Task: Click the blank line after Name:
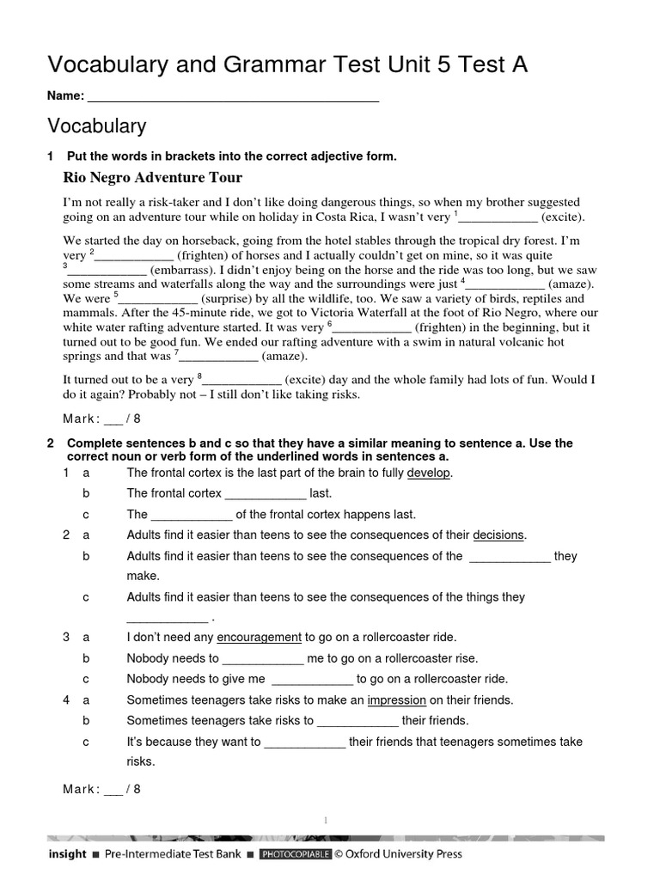point(233,96)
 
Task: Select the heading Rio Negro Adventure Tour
point(153,178)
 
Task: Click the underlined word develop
point(429,474)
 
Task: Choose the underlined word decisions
point(498,535)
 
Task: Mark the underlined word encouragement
point(259,637)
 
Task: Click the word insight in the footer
point(67,854)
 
